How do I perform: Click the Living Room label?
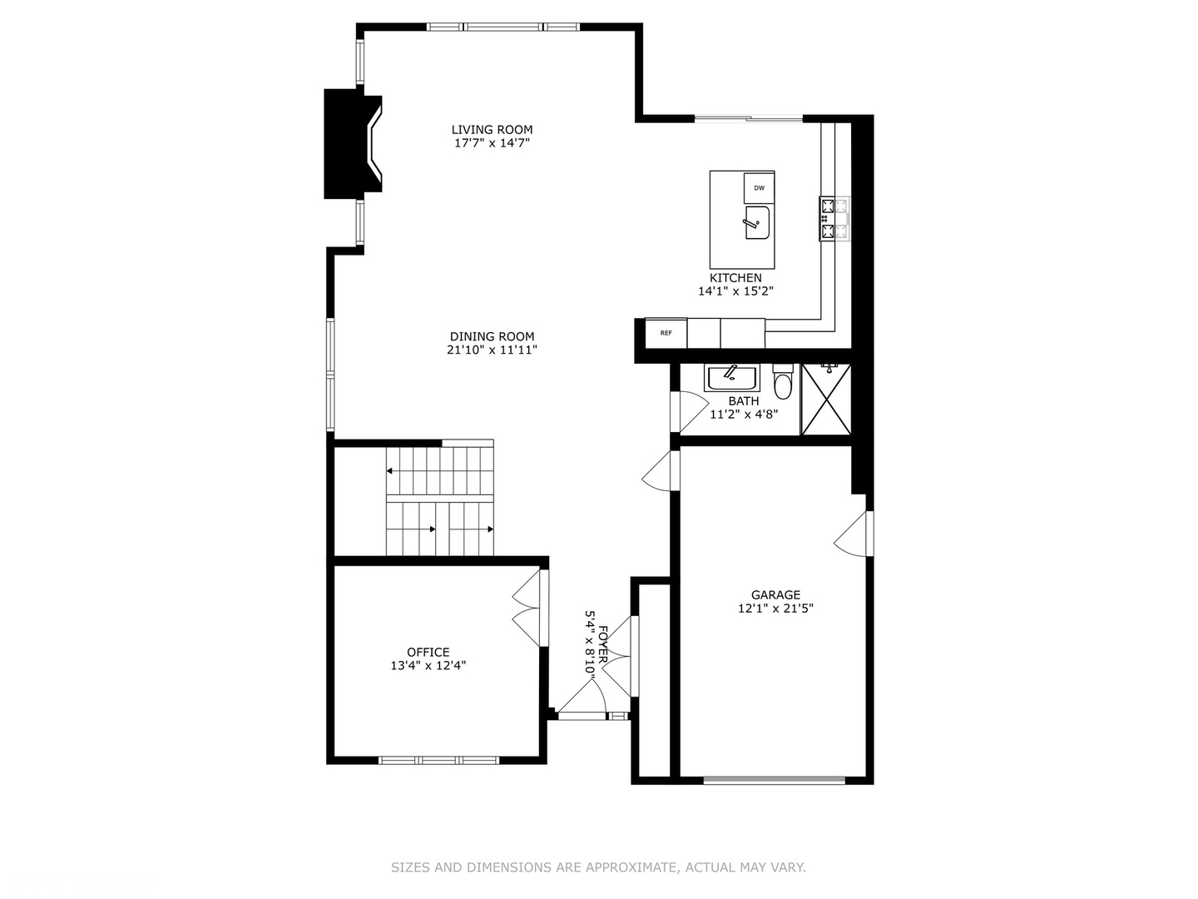tap(492, 130)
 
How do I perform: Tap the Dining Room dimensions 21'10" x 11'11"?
tap(492, 350)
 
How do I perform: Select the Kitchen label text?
tap(735, 278)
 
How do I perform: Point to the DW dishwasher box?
tap(759, 188)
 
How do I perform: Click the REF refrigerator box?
tap(666, 333)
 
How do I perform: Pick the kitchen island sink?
tap(756, 223)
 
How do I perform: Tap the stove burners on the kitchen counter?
tap(834, 219)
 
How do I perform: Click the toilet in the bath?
tap(783, 384)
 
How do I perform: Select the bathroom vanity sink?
tap(732, 378)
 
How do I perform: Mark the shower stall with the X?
tap(826, 399)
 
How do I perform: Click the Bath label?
tap(743, 401)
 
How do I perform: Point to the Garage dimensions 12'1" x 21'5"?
tap(775, 608)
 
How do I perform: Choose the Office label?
tap(428, 653)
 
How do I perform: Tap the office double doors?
tap(528, 608)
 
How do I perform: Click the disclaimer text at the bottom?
tap(598, 867)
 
